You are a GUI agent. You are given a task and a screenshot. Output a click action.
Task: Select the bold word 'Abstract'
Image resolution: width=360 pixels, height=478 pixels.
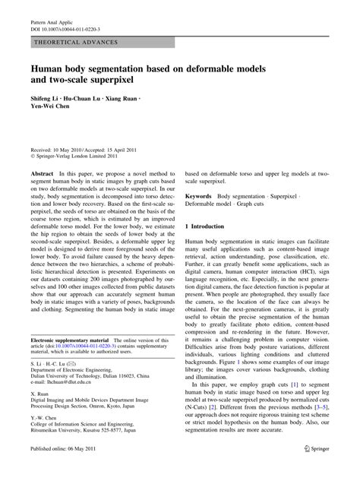tap(42, 173)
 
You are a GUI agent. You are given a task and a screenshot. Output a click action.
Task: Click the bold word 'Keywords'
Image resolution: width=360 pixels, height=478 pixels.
tap(199, 196)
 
